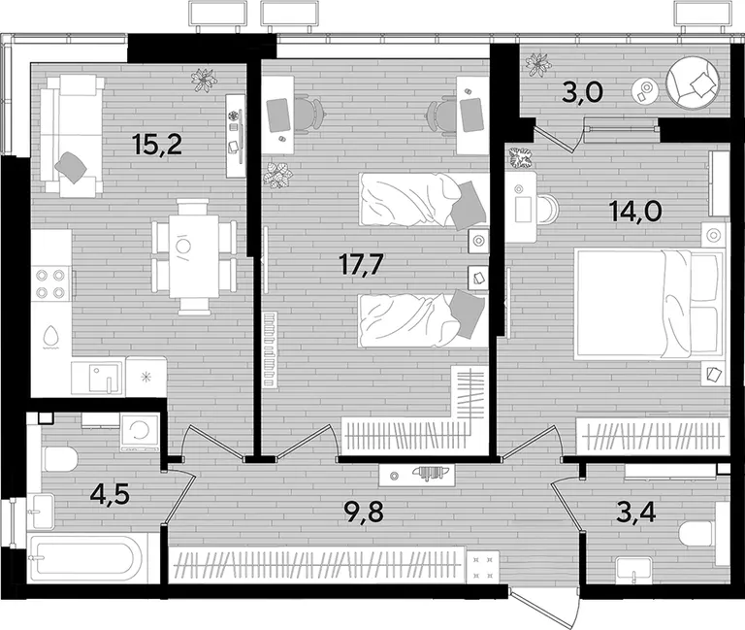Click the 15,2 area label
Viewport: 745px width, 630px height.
pos(158,145)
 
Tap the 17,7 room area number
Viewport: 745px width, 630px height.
pos(361,264)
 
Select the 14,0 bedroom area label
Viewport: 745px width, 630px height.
pos(635,211)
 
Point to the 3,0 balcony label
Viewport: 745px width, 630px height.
pos(582,92)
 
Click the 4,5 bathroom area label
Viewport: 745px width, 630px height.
pos(110,495)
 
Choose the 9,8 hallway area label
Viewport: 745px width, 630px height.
pos(364,513)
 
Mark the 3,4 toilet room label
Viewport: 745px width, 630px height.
pos(635,513)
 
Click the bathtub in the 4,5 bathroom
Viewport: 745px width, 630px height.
pos(85,557)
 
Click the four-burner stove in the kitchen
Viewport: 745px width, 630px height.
pos(50,283)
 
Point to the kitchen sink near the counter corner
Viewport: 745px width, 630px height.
pos(98,378)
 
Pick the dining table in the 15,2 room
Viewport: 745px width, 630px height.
pos(194,256)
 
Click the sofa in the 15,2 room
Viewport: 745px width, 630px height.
pos(72,136)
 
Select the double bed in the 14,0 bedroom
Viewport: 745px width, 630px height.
pos(650,305)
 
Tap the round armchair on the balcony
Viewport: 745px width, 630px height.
pos(694,83)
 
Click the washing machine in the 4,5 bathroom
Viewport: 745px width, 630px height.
pos(140,433)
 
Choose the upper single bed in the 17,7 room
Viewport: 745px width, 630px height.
pos(424,201)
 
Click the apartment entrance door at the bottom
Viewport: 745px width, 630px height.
pos(545,607)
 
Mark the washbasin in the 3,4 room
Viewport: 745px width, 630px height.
pos(634,571)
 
